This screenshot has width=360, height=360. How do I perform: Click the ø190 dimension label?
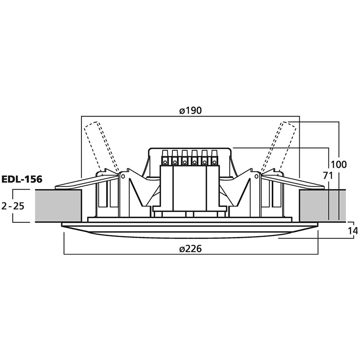pos(190,111)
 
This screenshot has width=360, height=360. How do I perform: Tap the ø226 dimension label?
pos(190,249)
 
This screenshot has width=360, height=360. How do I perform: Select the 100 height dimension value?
pos(339,164)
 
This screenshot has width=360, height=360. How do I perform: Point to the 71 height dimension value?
pos(328,176)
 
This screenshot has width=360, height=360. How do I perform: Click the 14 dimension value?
pos(353,231)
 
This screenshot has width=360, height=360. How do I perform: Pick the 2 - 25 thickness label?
pos(13,207)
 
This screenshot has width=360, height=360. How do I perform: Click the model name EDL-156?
pos(22,179)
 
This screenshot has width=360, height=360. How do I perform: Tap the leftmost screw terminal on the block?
pos(165,158)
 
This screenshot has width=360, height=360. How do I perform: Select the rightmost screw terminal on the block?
pos(214,158)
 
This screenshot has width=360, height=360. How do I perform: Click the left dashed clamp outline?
pos(101,147)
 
